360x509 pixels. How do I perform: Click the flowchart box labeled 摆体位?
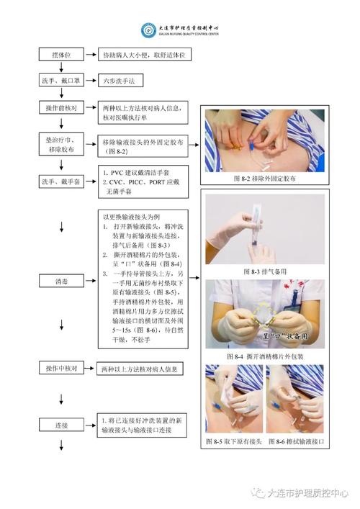61,55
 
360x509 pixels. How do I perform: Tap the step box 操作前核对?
61,107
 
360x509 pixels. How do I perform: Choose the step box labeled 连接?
61,425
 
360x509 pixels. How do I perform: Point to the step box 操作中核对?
61,369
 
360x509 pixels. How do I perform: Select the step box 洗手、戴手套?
61,181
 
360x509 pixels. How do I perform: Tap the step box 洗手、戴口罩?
61,81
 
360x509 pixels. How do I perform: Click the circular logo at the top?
149,30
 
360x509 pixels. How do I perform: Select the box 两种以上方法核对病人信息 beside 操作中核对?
141,369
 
